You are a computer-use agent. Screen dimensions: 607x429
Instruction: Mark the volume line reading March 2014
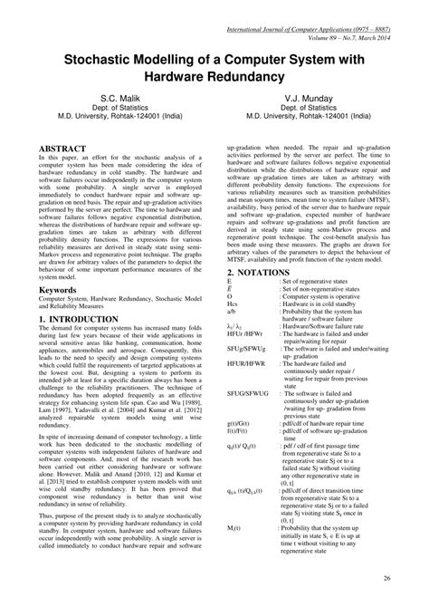point(347,15)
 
